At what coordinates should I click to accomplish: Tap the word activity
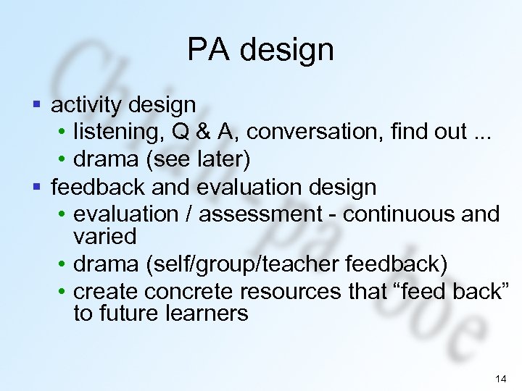click(x=86, y=106)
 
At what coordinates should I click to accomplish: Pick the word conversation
click(x=297, y=132)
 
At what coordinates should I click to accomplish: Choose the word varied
click(x=105, y=236)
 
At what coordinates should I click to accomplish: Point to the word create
click(x=107, y=292)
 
